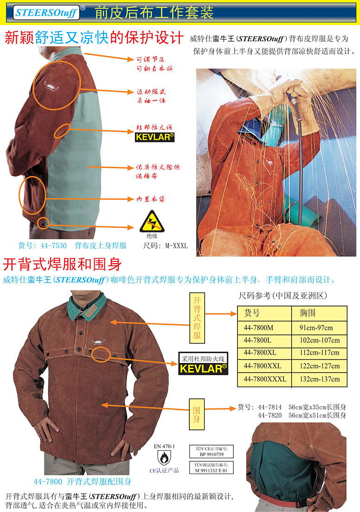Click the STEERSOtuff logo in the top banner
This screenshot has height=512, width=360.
tap(47, 13)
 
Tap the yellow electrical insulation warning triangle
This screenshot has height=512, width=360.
tap(152, 221)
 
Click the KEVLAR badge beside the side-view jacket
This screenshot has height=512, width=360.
tap(154, 137)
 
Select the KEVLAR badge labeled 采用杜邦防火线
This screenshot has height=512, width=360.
tap(203, 363)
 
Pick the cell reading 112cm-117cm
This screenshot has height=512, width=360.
tap(319, 353)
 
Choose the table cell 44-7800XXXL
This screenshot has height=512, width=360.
tap(264, 379)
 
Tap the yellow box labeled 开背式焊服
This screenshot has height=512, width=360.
tap(197, 318)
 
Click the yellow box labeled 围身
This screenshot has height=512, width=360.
tap(197, 414)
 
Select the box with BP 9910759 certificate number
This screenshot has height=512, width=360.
tap(212, 452)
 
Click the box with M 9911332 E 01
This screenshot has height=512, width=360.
tap(212, 467)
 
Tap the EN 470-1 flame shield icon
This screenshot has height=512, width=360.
tap(164, 458)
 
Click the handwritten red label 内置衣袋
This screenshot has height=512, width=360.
tap(150, 199)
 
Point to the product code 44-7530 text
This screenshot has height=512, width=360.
tap(53, 246)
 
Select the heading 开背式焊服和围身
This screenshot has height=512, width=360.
tap(62, 264)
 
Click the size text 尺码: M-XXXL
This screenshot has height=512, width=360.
tap(166, 246)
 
